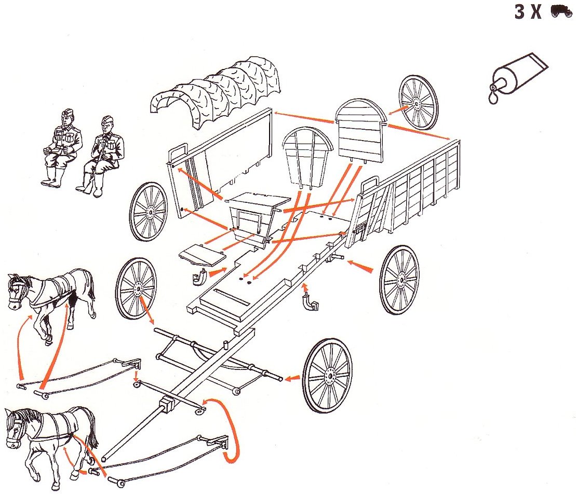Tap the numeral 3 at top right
point(519,11)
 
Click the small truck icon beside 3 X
point(561,11)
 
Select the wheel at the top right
point(419,102)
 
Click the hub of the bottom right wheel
point(329,375)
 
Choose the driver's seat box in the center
point(257,218)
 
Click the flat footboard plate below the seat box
point(202,255)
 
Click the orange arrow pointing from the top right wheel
point(398,111)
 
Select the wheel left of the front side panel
point(148,212)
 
